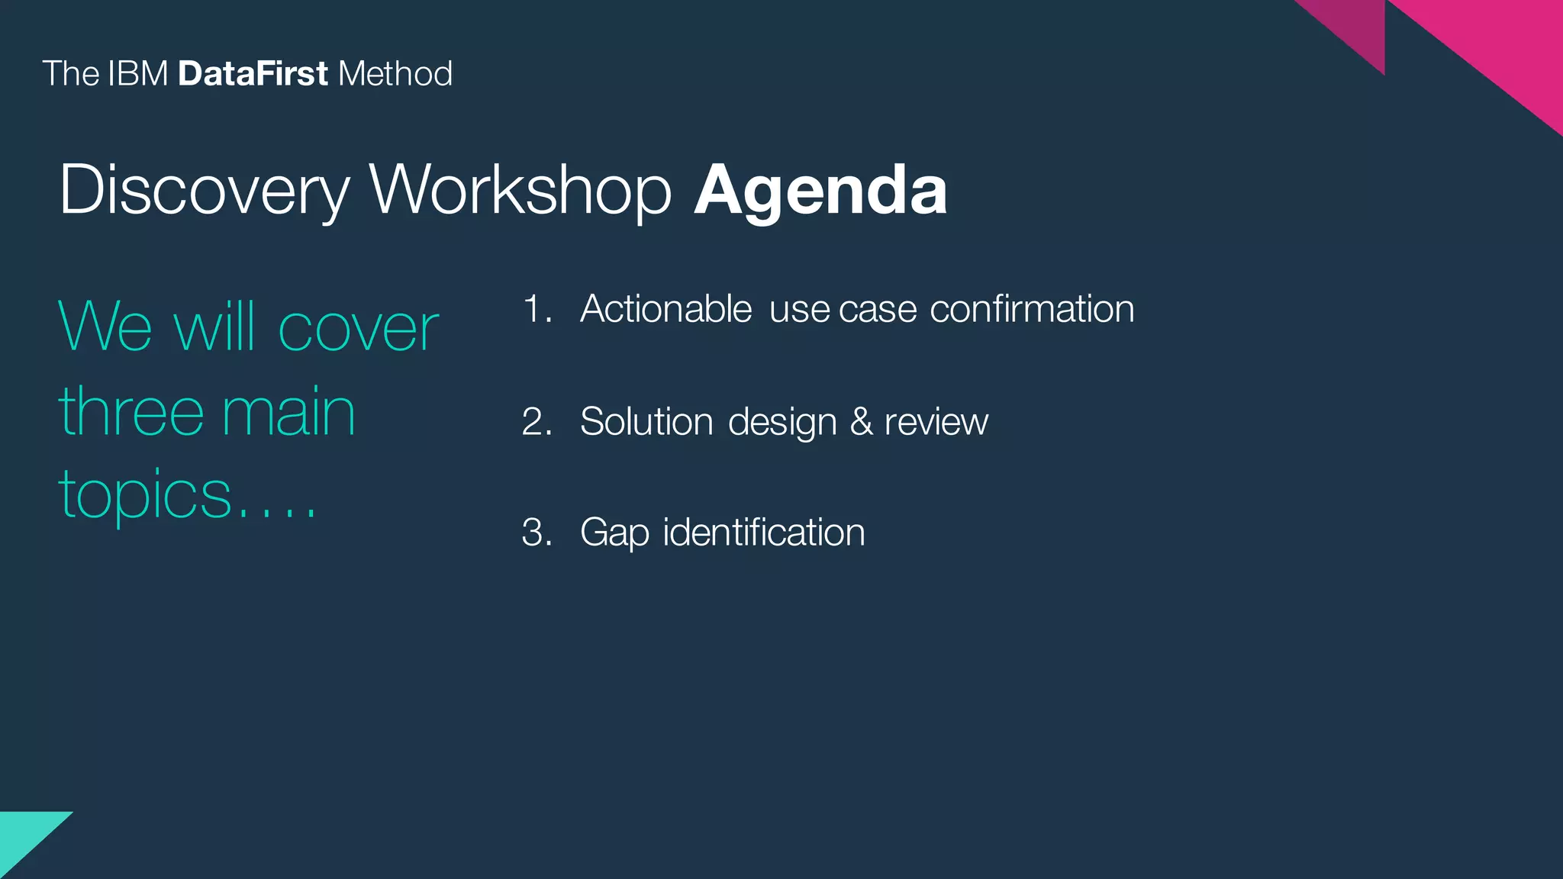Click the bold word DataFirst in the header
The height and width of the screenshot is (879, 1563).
[x=253, y=74]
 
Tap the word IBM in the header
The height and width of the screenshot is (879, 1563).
[x=137, y=74]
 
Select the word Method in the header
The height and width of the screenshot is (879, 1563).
[x=395, y=74]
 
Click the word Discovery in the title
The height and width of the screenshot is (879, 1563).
[x=204, y=191]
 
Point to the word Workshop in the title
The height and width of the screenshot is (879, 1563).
[x=520, y=191]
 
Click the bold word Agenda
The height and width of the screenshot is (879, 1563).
[x=820, y=191]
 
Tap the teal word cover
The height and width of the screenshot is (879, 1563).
[x=358, y=329]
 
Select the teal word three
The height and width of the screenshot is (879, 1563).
[x=131, y=412]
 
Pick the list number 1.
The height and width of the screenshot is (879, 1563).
[x=537, y=310]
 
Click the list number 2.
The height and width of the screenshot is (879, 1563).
[x=537, y=422]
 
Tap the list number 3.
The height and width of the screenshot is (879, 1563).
[x=537, y=533]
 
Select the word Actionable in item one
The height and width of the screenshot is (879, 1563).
[x=665, y=309]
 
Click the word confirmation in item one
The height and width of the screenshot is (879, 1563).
[x=1032, y=309]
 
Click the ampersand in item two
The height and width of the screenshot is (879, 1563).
[x=861, y=422]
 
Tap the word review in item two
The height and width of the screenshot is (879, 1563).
[x=936, y=422]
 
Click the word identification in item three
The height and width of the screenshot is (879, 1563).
[x=764, y=532]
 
